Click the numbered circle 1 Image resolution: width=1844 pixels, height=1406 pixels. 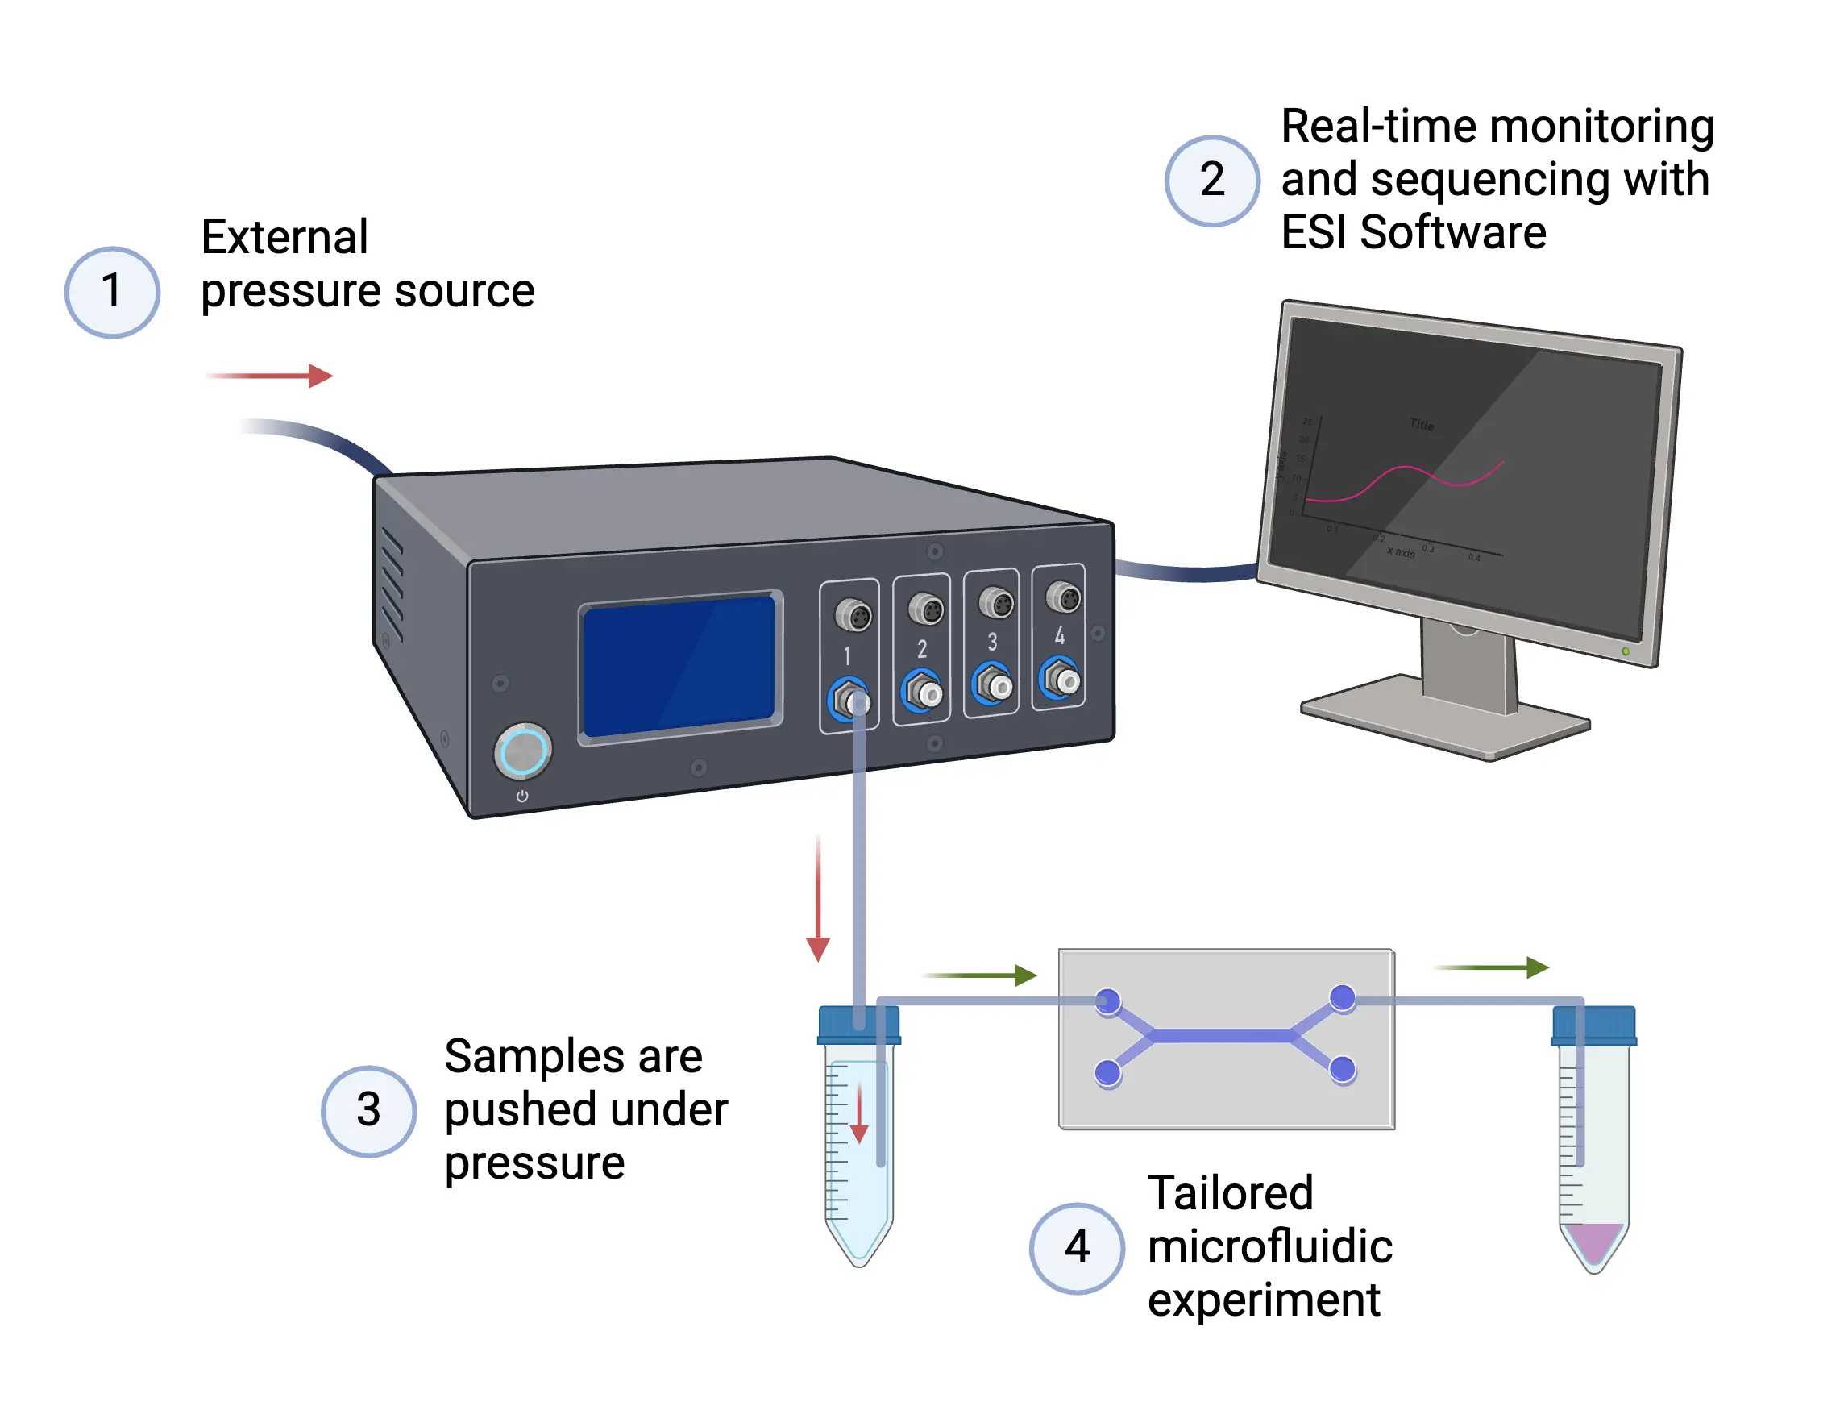tap(112, 292)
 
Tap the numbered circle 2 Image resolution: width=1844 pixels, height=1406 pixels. tap(1211, 180)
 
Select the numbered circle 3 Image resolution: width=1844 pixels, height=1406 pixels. tap(368, 1111)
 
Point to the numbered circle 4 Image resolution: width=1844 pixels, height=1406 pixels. tap(1076, 1247)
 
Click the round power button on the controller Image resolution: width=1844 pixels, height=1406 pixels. tap(523, 750)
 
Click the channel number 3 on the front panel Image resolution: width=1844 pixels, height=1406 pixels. tap(992, 642)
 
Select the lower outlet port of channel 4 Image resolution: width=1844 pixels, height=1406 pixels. tap(1061, 678)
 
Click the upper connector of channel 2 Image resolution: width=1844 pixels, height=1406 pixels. tap(925, 609)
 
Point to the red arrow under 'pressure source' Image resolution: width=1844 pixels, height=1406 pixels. tap(269, 376)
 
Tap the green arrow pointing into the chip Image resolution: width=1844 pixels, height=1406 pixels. tap(981, 975)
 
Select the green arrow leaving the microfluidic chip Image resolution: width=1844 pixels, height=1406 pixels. tap(1493, 967)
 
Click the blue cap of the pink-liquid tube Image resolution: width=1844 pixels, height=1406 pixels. tap(1593, 1026)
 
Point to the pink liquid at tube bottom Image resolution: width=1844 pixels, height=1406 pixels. tap(1594, 1241)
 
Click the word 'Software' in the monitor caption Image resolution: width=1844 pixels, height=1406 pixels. tap(1453, 233)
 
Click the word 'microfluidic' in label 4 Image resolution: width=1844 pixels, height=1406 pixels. tap(1269, 1247)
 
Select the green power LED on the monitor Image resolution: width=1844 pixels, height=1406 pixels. tap(1626, 651)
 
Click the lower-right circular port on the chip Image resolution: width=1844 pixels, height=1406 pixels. tap(1342, 1069)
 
